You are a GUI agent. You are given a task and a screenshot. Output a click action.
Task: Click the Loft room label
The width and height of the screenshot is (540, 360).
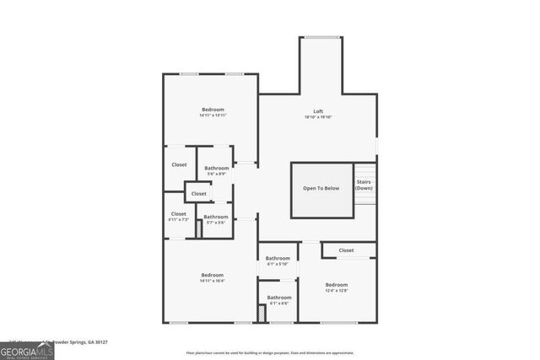[x=318, y=111]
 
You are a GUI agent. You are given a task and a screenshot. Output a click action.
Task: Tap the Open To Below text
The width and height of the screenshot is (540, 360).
[x=321, y=188]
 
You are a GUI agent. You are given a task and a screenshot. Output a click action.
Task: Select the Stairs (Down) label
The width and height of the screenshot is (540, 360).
[x=364, y=185]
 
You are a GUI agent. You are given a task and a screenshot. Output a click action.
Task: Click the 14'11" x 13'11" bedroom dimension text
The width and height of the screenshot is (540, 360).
[x=213, y=116]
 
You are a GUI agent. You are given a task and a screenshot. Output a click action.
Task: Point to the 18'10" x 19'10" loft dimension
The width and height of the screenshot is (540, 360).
[x=318, y=117]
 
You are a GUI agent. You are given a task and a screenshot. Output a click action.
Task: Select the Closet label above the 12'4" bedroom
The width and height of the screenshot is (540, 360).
[x=346, y=250]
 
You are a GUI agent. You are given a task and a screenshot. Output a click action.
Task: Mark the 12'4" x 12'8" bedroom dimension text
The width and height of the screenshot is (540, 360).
[x=336, y=291]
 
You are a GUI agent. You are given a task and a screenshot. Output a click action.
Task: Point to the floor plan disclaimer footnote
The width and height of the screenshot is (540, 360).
[x=270, y=352]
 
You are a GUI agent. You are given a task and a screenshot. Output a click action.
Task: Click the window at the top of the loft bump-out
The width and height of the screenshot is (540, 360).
[x=322, y=37]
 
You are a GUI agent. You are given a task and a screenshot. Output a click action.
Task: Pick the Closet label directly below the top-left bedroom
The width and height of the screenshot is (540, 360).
[x=179, y=164]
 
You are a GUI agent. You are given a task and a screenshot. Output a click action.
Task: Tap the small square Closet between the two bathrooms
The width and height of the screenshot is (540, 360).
[x=198, y=194]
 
